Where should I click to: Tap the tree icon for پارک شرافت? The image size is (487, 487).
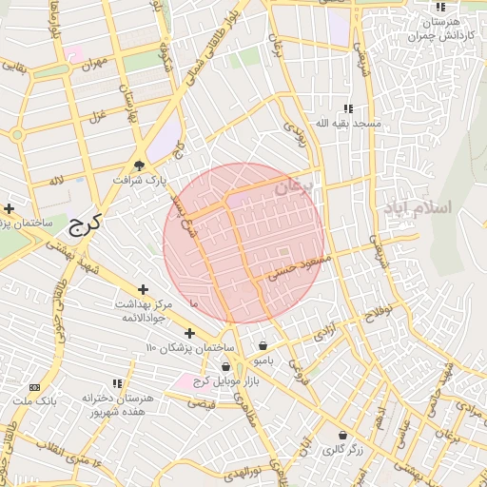tap(139, 166)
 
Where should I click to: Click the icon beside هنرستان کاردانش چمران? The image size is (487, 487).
tap(439, 9)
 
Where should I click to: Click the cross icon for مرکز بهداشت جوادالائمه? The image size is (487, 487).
tap(143, 289)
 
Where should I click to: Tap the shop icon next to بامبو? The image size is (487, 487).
tap(263, 345)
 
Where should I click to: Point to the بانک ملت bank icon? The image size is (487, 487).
tap(35, 388)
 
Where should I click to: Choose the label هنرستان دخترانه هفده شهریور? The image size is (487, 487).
tap(113, 405)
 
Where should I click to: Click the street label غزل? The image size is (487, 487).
tap(96, 116)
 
